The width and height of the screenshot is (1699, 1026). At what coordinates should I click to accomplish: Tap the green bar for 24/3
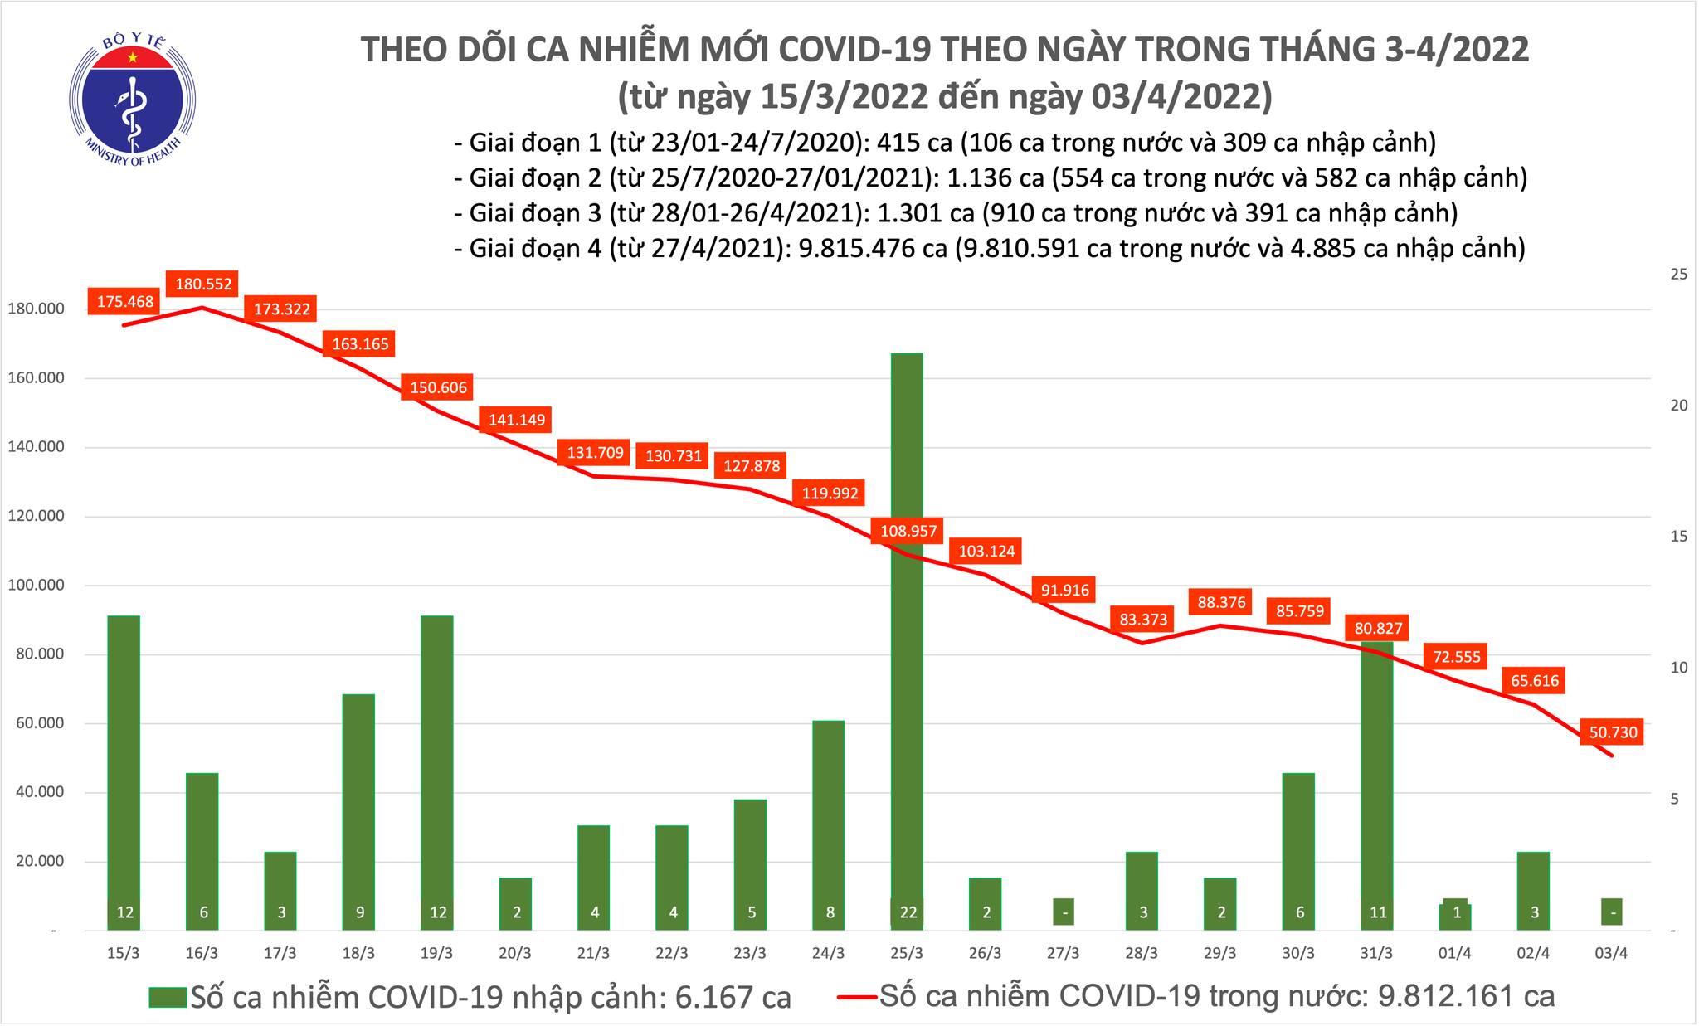pyautogui.click(x=829, y=821)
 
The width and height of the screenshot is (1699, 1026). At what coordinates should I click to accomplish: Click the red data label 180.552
pyautogui.click(x=203, y=284)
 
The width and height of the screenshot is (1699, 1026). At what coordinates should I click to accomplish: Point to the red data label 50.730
pyautogui.click(x=1613, y=732)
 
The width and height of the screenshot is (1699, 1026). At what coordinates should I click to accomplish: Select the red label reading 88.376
pyautogui.click(x=1222, y=602)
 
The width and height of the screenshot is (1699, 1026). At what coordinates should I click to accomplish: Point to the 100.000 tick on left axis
pyautogui.click(x=35, y=586)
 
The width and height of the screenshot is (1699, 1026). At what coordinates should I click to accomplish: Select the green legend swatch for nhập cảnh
pyautogui.click(x=168, y=997)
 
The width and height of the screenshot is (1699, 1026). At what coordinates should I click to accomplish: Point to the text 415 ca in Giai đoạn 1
pyautogui.click(x=908, y=143)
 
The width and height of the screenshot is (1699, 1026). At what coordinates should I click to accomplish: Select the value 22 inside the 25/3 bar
pyautogui.click(x=907, y=913)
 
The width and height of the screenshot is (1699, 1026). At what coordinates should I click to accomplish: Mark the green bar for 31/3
pyautogui.click(x=1377, y=788)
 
